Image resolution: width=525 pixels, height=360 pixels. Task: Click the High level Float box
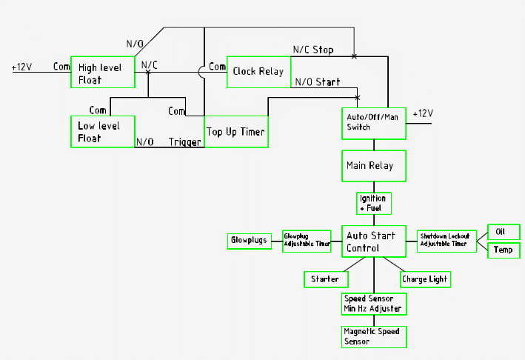(102, 73)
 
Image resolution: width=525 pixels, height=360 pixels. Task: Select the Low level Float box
(102, 131)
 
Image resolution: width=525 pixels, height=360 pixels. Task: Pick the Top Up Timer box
(235, 131)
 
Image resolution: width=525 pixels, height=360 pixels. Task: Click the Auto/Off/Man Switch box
(373, 123)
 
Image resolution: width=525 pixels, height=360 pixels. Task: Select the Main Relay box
(373, 166)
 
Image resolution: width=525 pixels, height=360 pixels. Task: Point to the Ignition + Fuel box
(373, 203)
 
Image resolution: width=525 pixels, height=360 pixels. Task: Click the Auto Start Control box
(373, 241)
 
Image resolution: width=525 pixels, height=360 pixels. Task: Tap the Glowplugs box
(250, 241)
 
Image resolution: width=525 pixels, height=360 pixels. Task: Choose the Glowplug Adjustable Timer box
(307, 241)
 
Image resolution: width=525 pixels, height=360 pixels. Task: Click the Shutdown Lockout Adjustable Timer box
(447, 240)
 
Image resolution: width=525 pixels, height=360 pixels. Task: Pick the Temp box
(504, 250)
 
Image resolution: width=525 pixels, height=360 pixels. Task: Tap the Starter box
(326, 279)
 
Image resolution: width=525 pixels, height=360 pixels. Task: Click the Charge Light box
(425, 279)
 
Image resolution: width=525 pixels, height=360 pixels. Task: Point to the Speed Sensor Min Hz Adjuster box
(373, 304)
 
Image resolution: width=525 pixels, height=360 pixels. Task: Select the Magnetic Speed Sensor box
(373, 336)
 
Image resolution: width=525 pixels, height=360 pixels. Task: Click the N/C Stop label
(312, 50)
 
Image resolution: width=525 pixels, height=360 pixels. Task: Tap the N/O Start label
(318, 82)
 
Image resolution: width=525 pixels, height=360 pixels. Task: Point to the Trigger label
(184, 141)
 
